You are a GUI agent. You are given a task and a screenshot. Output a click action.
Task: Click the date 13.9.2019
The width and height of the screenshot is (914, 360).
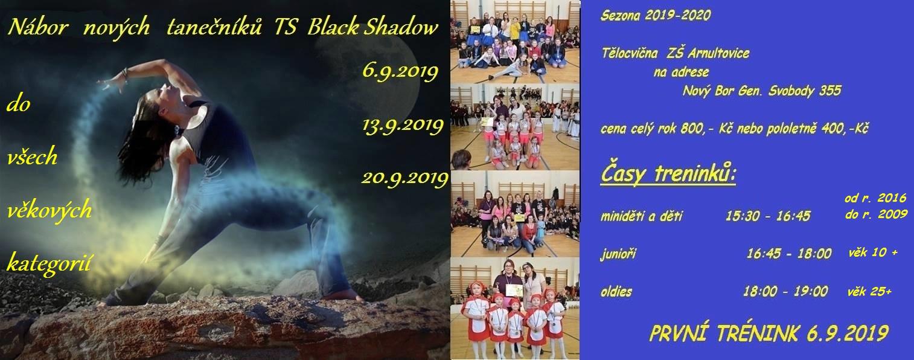point(402,126)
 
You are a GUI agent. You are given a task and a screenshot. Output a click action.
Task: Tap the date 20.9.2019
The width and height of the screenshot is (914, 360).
point(404,179)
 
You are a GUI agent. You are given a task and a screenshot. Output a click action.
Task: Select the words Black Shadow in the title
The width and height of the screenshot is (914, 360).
point(372,28)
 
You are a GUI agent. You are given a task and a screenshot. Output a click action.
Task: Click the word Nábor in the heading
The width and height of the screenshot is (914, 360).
point(38,28)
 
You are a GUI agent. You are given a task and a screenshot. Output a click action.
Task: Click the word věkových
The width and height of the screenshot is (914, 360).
point(50,211)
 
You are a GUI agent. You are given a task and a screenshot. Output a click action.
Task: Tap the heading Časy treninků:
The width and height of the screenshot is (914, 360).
point(668,175)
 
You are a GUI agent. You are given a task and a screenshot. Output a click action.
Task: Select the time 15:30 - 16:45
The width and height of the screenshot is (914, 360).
point(768,216)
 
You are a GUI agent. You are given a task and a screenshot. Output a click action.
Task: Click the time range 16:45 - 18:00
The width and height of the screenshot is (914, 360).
point(789,254)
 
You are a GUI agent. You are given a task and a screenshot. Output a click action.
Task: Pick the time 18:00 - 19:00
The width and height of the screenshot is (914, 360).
point(785,291)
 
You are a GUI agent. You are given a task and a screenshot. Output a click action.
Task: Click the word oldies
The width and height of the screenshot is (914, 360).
point(616,292)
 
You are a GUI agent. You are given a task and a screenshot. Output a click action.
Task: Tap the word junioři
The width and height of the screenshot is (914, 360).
point(618,254)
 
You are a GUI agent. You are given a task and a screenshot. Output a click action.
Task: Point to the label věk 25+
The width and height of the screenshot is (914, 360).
point(869,291)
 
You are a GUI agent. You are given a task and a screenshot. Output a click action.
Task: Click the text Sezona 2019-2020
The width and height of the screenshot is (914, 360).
point(655,16)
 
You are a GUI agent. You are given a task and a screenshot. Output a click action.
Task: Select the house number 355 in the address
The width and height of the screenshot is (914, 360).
point(830,90)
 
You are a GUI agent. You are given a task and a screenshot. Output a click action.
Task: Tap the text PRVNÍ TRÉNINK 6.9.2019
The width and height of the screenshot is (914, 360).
point(769,333)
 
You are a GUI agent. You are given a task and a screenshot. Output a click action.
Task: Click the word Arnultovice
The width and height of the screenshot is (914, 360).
point(718,53)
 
